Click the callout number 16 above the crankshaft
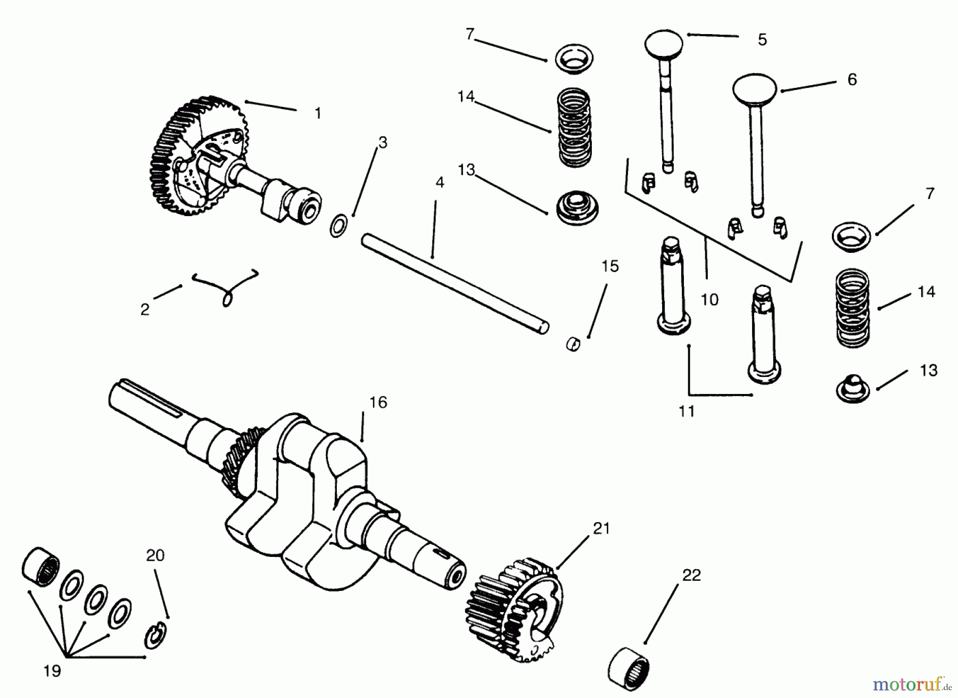(378, 403)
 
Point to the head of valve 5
(664, 45)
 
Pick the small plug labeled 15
(573, 343)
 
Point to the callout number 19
(52, 671)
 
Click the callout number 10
(709, 300)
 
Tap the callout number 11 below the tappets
(687, 411)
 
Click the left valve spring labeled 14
(574, 128)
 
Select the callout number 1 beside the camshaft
(318, 113)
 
